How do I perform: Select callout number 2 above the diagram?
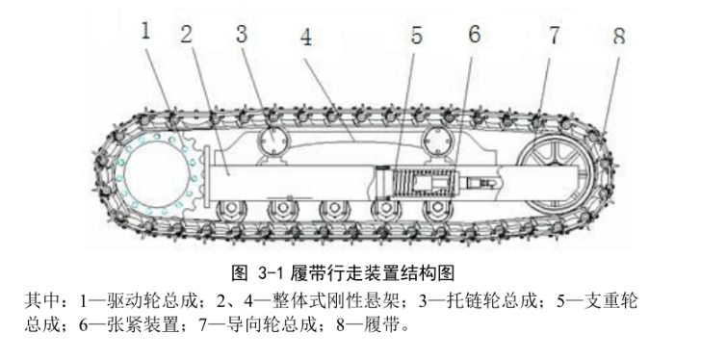tap(186, 33)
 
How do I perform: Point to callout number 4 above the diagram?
tap(305, 39)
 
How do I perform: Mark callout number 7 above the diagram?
tap(554, 36)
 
